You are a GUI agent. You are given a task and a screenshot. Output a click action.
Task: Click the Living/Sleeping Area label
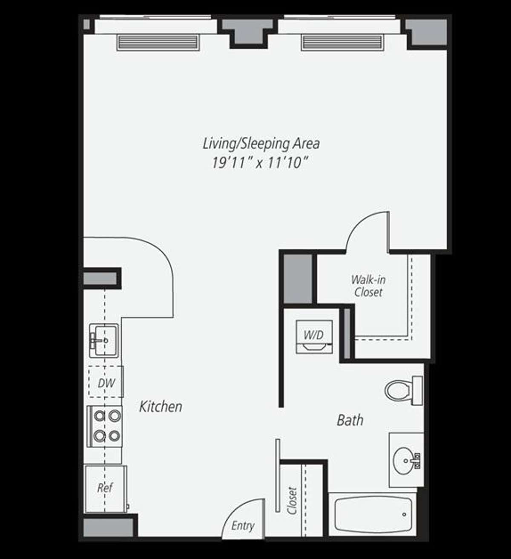(x=261, y=144)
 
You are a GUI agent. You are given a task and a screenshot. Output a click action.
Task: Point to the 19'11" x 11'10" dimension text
(x=260, y=163)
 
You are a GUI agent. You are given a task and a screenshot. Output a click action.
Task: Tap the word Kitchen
(x=161, y=406)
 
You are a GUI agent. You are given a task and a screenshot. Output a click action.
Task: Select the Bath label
(x=350, y=420)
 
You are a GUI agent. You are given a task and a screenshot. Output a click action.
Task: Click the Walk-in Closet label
(x=368, y=285)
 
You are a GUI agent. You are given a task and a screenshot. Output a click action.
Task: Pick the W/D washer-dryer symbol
(x=314, y=336)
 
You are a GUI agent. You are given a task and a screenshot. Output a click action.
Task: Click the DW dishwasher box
(x=106, y=382)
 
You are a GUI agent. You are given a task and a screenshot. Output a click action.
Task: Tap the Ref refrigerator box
(x=105, y=488)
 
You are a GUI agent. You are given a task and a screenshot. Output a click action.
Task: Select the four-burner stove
(x=105, y=426)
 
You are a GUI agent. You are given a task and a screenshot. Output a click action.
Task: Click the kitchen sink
(x=104, y=340)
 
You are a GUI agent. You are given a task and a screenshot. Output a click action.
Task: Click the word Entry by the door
(x=242, y=525)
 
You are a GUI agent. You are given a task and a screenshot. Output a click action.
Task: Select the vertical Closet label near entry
(x=293, y=500)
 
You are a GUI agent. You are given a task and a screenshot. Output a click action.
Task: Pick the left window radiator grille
(x=158, y=43)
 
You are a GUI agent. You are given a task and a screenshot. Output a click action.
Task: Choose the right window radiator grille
(x=342, y=43)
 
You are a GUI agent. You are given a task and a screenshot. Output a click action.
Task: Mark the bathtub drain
(x=404, y=515)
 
